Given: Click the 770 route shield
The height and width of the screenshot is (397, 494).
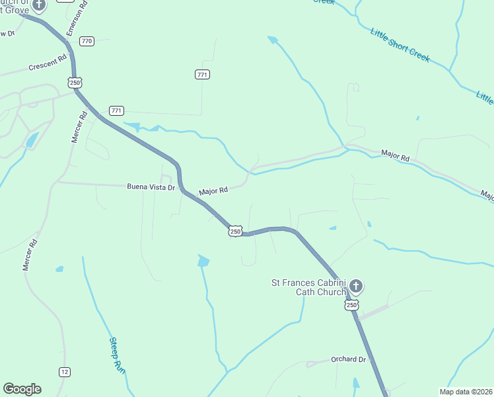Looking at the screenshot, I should click(87, 41).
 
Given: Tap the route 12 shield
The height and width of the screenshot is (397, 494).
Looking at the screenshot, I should click(64, 372).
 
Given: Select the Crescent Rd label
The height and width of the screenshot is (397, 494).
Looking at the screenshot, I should click(48, 67).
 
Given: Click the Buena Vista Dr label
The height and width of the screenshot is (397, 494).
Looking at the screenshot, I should click(151, 187).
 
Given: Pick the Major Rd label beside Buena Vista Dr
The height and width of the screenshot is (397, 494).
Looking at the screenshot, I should click(213, 190).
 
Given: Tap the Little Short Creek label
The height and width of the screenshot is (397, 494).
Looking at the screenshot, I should click(400, 45).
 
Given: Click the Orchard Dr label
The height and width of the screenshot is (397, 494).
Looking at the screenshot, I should click(349, 359).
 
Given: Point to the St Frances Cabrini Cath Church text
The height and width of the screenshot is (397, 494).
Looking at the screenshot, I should click(309, 287).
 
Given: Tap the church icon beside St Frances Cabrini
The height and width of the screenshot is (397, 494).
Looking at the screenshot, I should click(356, 287).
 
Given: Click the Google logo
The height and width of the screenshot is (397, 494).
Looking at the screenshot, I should click(22, 389).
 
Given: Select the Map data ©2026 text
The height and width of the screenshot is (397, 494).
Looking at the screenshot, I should click(466, 392).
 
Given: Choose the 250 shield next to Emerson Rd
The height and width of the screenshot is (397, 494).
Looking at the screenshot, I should click(75, 81).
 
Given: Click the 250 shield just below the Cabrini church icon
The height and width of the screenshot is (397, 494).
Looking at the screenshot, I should click(351, 305).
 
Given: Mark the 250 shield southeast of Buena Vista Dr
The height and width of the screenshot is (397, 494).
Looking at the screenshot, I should click(236, 230).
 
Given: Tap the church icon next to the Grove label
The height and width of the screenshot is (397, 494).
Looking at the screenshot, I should click(39, 5).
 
